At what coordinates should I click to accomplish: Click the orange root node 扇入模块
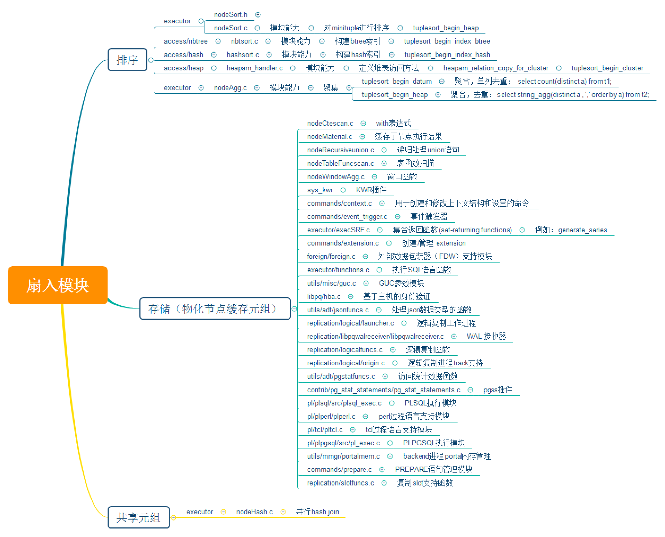58,285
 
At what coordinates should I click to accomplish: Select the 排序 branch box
127,60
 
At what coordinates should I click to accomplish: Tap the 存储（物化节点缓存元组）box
215,308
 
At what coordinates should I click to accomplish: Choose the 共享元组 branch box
139,517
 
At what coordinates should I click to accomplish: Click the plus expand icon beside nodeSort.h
258,15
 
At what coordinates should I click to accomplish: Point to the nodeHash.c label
254,512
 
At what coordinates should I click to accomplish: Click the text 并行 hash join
317,512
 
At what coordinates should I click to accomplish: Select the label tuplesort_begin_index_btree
447,41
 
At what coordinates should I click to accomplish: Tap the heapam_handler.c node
254,68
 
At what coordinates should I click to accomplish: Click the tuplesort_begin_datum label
397,81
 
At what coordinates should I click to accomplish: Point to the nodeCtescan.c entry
330,123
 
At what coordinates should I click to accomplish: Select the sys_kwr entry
320,190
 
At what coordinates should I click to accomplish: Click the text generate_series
582,230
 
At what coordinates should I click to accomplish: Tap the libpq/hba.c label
324,296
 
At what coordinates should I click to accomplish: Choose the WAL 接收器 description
486,336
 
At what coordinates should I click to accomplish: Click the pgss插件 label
498,390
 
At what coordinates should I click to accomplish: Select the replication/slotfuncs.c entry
340,483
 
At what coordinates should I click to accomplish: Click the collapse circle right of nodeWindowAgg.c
374,177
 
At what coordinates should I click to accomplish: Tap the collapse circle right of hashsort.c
269,55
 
